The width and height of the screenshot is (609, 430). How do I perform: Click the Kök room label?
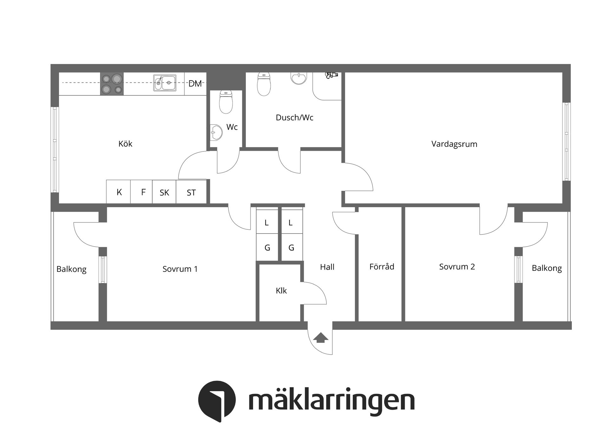(x=125, y=144)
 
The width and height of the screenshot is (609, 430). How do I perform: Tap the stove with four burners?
(x=112, y=84)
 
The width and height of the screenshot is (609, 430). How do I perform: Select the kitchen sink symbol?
(x=165, y=83)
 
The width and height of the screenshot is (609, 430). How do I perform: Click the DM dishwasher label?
(x=195, y=84)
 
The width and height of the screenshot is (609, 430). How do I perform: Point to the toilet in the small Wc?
(x=226, y=102)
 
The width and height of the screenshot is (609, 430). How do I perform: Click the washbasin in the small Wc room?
(x=216, y=132)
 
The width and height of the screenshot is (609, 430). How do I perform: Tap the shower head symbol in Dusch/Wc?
(x=331, y=75)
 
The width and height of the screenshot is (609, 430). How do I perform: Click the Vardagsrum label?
(x=454, y=144)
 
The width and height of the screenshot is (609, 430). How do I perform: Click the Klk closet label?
(x=281, y=291)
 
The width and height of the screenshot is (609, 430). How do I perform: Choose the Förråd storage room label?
(x=382, y=267)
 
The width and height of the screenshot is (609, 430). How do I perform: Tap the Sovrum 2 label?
(x=457, y=267)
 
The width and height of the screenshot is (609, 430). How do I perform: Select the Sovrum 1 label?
(x=180, y=269)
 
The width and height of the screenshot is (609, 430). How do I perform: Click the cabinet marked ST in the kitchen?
(x=191, y=192)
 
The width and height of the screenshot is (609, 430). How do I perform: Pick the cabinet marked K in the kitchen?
(x=119, y=192)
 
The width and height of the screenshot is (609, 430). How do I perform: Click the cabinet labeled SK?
(x=164, y=192)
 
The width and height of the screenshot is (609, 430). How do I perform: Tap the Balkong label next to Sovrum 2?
(x=547, y=268)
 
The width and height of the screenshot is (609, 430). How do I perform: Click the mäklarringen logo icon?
(x=217, y=401)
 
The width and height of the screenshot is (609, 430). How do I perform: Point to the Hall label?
(x=327, y=267)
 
